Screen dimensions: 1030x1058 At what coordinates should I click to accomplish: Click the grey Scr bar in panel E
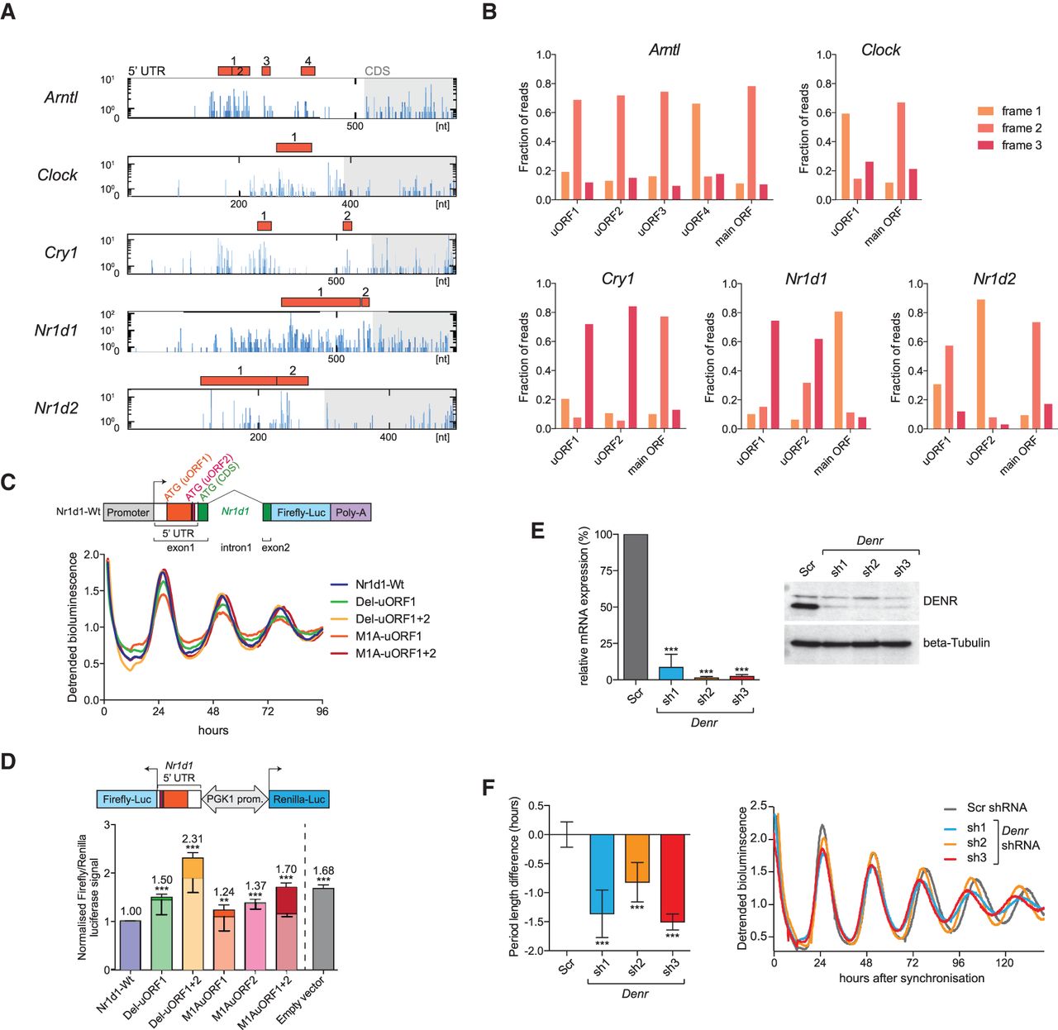pos(636,607)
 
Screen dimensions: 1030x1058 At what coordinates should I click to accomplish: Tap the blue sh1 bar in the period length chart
pos(602,874)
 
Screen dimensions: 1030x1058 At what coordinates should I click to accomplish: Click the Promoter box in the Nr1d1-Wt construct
pos(128,513)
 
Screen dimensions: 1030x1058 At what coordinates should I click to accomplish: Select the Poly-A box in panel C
pos(350,513)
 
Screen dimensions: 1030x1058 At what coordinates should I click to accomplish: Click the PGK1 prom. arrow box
pos(235,799)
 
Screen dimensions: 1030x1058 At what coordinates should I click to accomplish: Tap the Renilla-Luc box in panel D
pos(299,799)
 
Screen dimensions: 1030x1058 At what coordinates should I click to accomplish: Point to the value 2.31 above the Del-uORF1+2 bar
pos(193,839)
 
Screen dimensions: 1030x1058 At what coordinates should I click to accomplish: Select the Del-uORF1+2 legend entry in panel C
pos(393,618)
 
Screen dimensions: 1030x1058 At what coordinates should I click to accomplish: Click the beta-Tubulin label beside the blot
pos(956,642)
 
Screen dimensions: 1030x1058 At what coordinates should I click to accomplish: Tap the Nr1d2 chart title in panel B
pos(994,279)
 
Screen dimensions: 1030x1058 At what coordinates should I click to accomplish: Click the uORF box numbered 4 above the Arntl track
pos(308,71)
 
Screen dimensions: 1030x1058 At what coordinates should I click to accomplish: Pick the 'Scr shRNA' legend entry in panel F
pos(997,808)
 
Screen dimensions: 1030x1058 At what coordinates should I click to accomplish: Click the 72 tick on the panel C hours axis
pos(268,711)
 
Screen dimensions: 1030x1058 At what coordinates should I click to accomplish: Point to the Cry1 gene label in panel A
pos(61,252)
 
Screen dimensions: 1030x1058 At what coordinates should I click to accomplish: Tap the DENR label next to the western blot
pos(940,601)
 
